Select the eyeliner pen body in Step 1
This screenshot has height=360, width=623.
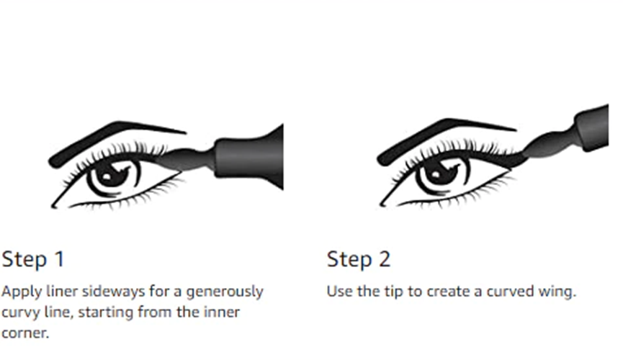tap(249, 158)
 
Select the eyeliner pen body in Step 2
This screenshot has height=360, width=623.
tap(592, 127)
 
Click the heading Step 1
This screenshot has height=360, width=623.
tap(33, 259)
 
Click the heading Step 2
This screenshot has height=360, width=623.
tap(359, 259)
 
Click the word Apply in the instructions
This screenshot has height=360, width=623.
tap(22, 292)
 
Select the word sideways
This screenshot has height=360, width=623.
tap(113, 292)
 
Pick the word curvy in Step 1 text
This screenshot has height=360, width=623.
tap(21, 313)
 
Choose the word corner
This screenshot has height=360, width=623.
tap(24, 333)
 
